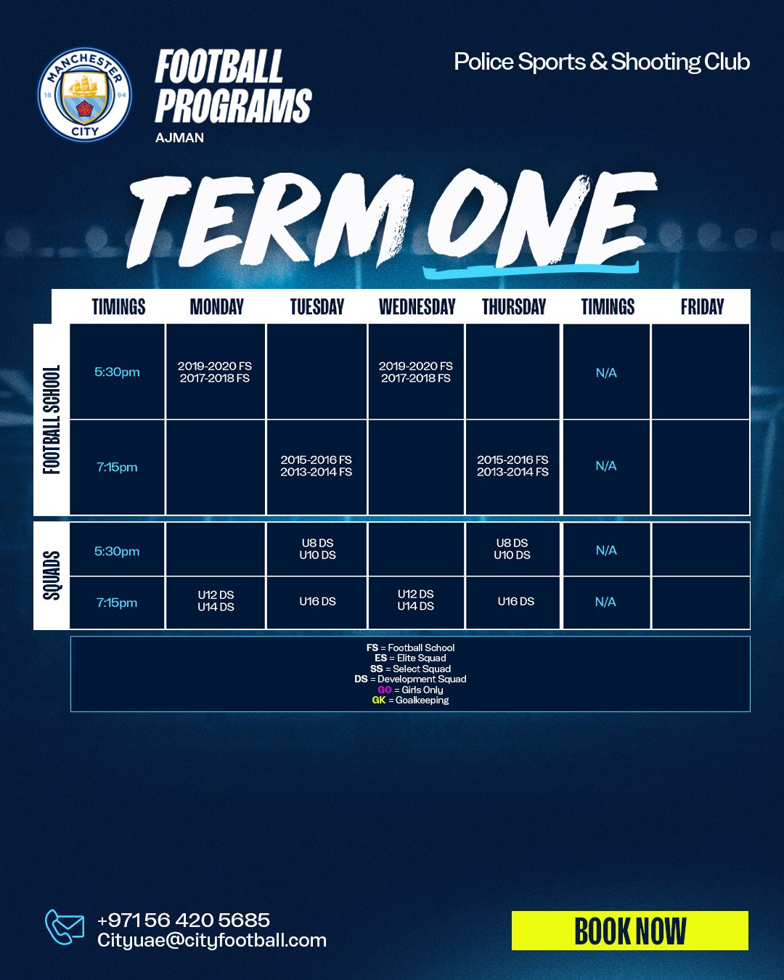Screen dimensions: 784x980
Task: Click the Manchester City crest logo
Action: (85, 94)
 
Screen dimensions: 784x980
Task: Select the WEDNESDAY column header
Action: (417, 306)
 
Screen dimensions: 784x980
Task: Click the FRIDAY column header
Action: (702, 306)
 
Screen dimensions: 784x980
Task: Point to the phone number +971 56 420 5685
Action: (184, 920)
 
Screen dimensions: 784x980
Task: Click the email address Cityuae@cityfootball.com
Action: (212, 940)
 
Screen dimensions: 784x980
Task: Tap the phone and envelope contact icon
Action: (64, 927)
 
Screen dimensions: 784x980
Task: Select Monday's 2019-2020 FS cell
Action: (215, 372)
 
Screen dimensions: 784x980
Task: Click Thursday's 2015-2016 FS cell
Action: (513, 466)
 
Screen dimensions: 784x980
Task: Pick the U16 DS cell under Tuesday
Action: (317, 601)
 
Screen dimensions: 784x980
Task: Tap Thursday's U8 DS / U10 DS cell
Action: (513, 549)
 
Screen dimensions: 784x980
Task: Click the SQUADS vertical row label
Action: (52, 576)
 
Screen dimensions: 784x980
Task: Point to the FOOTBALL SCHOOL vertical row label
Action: (52, 420)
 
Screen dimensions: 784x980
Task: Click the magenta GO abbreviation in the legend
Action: (385, 690)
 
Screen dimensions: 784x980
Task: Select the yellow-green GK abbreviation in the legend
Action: (378, 700)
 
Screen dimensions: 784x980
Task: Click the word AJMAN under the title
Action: (179, 137)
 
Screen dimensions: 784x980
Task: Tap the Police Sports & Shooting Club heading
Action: (602, 62)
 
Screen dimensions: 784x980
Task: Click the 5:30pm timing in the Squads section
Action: (117, 551)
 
